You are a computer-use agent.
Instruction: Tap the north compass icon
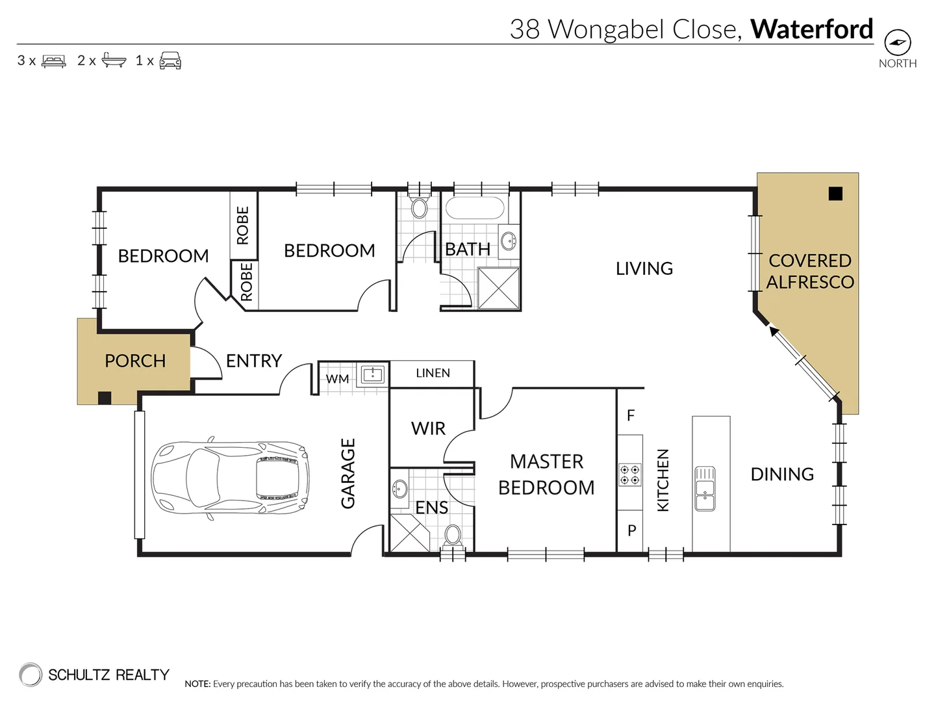(898, 44)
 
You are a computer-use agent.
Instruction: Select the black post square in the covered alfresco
(835, 193)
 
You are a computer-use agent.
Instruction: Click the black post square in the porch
(104, 398)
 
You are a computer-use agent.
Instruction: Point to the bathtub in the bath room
(474, 209)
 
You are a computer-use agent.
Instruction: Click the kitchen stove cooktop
(629, 474)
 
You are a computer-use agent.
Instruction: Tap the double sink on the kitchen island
(705, 488)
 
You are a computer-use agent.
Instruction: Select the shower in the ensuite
(409, 532)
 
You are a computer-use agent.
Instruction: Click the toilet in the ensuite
(453, 536)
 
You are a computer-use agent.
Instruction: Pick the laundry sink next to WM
(373, 374)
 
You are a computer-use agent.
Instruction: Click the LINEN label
(433, 373)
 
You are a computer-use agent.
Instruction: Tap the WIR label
(428, 428)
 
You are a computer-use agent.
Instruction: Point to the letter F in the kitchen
(631, 415)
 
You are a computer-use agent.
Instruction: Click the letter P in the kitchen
(631, 531)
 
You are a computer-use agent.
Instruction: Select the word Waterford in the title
(811, 29)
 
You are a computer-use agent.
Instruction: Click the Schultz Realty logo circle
(30, 675)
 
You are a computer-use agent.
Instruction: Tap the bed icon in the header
(53, 61)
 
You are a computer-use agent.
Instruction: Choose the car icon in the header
(170, 61)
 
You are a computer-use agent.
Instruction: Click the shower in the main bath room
(498, 288)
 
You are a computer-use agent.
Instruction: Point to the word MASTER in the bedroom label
(546, 461)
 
